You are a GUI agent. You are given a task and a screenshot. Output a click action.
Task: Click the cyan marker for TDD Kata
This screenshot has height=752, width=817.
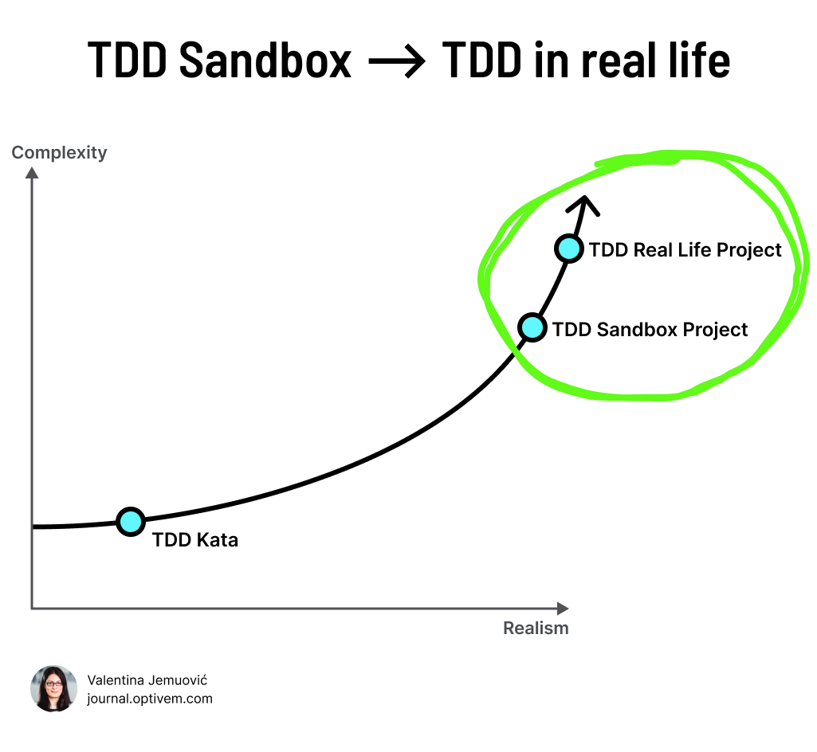130,522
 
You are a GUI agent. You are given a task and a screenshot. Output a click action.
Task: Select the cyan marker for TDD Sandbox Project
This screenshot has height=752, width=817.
532,327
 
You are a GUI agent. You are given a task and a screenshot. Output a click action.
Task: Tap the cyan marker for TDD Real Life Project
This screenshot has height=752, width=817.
568,249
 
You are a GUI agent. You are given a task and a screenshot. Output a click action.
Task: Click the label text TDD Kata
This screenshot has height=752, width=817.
195,540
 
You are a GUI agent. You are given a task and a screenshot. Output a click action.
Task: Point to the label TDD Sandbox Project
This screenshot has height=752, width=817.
650,329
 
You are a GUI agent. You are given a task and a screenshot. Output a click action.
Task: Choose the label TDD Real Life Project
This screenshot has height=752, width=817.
685,250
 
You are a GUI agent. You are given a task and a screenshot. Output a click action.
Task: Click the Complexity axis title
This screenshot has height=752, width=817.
59,153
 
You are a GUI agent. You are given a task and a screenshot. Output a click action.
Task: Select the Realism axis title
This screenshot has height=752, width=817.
536,628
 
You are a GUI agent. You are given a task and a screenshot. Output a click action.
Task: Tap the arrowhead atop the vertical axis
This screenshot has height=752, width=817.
32,173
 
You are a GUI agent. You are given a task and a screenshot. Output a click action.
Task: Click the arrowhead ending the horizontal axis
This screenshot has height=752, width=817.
563,609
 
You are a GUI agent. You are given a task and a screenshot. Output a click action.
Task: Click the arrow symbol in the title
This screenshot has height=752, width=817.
397,62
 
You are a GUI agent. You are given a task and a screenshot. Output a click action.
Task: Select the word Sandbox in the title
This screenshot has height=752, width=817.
265,61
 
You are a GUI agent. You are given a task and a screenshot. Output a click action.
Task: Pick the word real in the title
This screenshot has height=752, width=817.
615,61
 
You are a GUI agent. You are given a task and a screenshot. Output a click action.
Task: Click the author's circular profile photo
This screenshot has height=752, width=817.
53,688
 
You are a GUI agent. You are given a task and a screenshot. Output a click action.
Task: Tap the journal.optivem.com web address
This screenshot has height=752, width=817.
150,699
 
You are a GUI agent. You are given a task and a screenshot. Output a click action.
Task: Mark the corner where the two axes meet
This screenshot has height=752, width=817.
32,609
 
